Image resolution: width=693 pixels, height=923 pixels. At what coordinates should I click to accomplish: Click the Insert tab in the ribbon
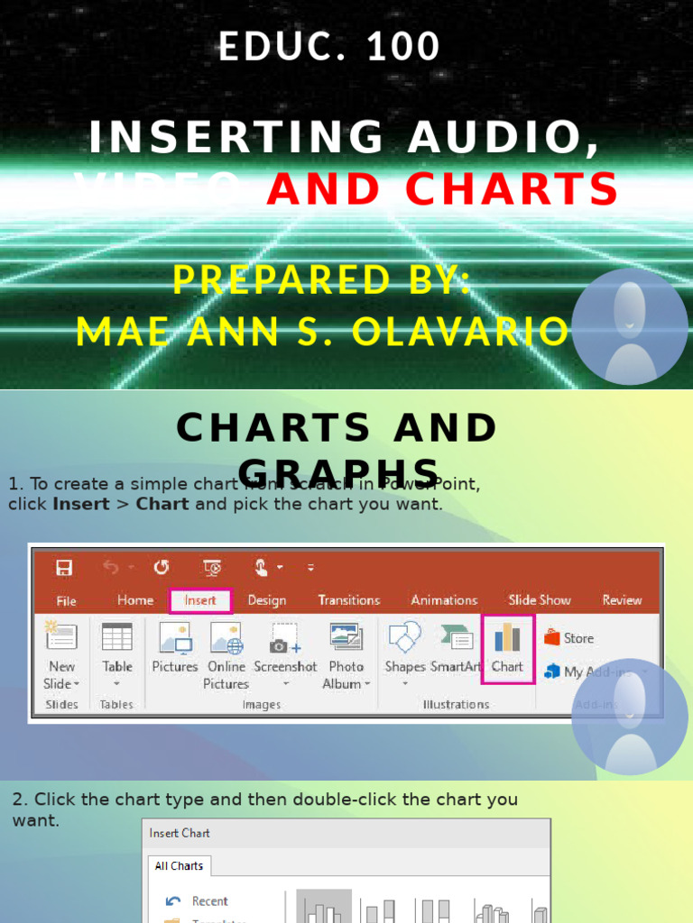[200, 600]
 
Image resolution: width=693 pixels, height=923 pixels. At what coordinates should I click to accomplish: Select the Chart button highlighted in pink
[507, 648]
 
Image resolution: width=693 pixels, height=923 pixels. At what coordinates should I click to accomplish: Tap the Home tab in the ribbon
[135, 600]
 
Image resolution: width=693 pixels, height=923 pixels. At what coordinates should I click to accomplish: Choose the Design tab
[267, 600]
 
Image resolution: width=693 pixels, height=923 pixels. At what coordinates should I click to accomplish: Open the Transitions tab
[348, 600]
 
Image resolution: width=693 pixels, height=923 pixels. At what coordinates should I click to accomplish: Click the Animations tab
[444, 600]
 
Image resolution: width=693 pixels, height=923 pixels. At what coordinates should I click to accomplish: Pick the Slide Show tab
[540, 600]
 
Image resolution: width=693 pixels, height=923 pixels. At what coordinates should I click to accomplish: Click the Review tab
[622, 600]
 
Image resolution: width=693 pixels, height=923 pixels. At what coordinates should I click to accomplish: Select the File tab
[66, 601]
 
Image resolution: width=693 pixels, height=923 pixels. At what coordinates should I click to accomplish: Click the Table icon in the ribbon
[117, 637]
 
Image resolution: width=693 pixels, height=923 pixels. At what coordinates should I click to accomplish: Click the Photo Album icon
[346, 637]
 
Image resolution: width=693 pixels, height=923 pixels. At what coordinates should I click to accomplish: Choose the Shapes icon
[405, 637]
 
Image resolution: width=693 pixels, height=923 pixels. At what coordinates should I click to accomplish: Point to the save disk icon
[64, 568]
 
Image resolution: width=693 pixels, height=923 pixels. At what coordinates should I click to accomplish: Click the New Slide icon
[61, 637]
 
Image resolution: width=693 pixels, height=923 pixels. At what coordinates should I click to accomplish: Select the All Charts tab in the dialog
[179, 866]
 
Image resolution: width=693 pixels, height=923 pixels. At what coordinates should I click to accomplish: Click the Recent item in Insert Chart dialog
[209, 901]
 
